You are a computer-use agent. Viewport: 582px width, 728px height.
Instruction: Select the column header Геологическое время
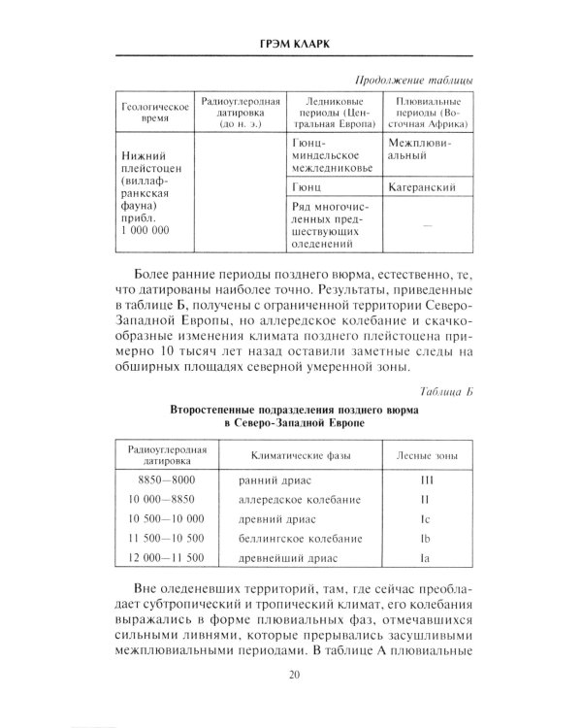[149, 113]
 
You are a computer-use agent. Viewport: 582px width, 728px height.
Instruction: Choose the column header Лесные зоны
[426, 453]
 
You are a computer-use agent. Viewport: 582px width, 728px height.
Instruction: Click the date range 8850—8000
[162, 480]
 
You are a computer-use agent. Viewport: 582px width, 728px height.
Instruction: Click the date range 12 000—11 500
[162, 557]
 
